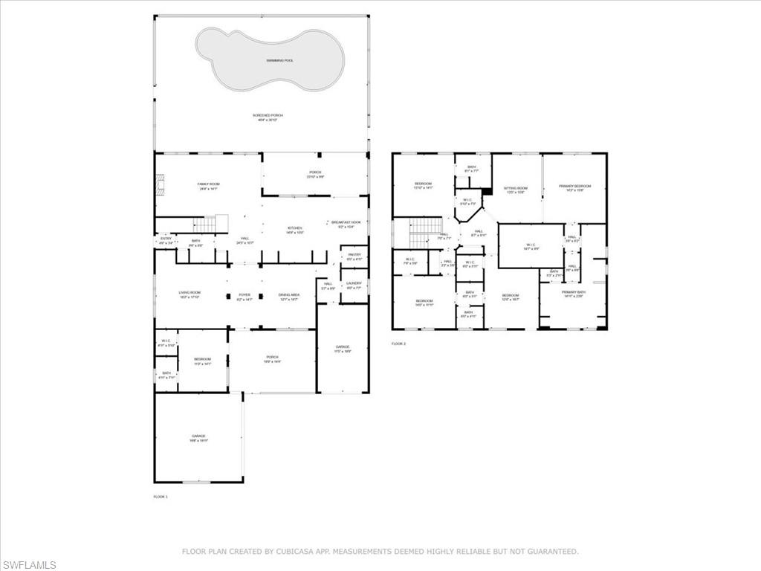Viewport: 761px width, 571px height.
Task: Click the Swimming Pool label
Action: pos(279,60)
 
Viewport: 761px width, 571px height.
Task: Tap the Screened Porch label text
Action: pos(268,115)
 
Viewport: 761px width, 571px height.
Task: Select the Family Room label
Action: pos(208,184)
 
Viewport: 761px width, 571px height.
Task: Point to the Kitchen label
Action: pos(295,228)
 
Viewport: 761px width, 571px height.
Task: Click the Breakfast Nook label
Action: pos(346,222)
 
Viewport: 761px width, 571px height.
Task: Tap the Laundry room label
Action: pos(354,283)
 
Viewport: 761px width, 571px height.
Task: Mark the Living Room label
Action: pos(190,293)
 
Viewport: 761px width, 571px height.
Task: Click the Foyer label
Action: pos(245,295)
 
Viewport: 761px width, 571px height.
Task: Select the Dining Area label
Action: pos(289,295)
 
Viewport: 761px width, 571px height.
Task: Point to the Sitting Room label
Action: pos(515,188)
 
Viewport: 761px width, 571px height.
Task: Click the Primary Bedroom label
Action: pos(575,186)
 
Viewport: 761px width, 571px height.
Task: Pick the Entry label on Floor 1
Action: pos(166,239)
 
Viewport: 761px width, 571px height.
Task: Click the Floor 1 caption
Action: pos(161,496)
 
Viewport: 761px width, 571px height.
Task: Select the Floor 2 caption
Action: pos(398,343)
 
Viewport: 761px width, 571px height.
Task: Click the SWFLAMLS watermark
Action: pos(29,565)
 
